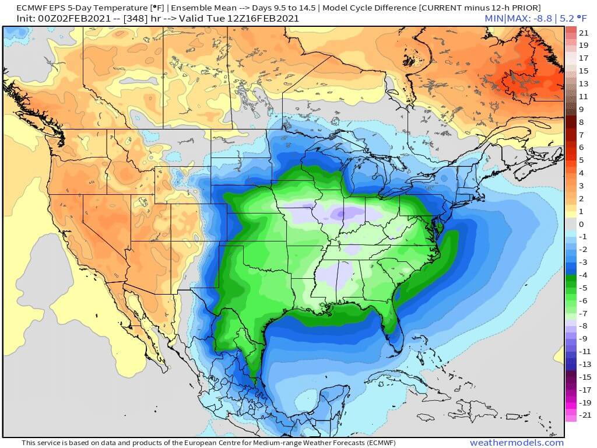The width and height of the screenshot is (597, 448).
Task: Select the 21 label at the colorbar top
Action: point(584,32)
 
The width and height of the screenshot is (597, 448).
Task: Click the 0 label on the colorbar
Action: point(581,224)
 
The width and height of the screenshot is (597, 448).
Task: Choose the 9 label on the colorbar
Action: point(581,109)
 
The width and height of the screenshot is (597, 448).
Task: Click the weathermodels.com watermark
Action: point(517,443)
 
